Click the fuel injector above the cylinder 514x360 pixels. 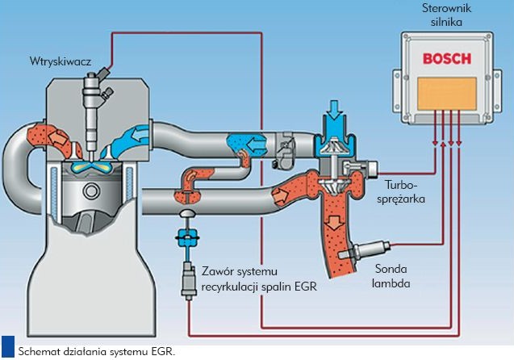tap(93, 101)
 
